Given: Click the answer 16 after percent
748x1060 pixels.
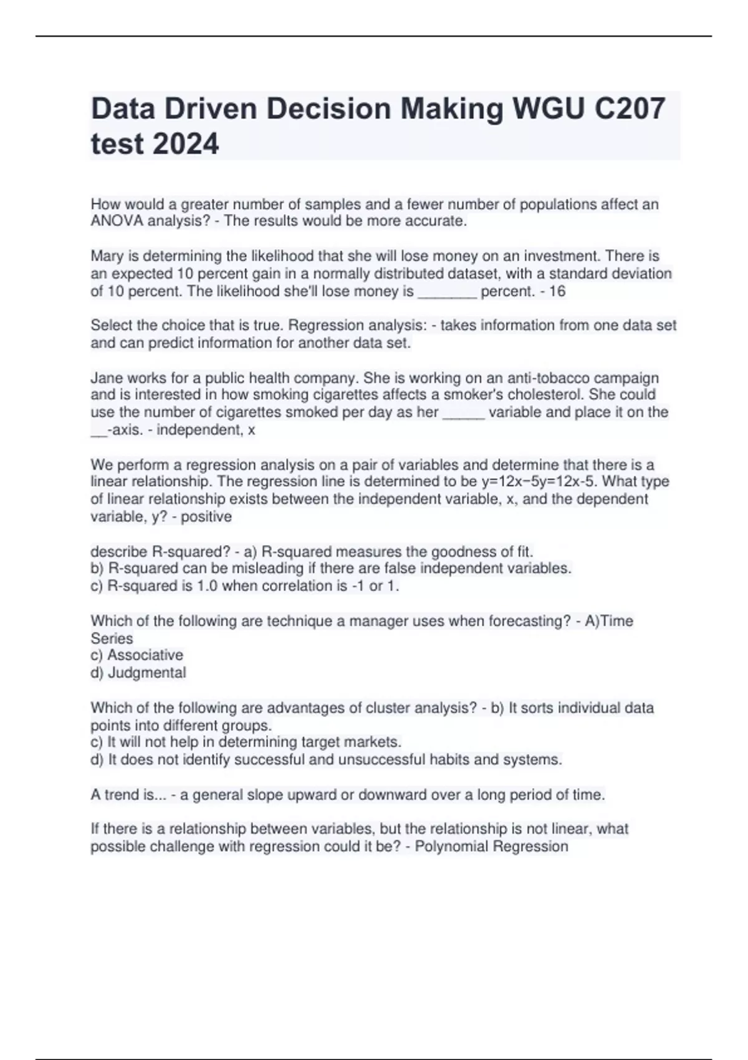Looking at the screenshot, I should (557, 291).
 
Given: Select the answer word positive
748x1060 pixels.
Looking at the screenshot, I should (206, 517).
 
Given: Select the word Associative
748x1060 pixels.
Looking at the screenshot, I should (145, 655).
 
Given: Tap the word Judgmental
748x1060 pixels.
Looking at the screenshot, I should (147, 673).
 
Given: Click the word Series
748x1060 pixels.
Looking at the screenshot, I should (112, 638).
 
